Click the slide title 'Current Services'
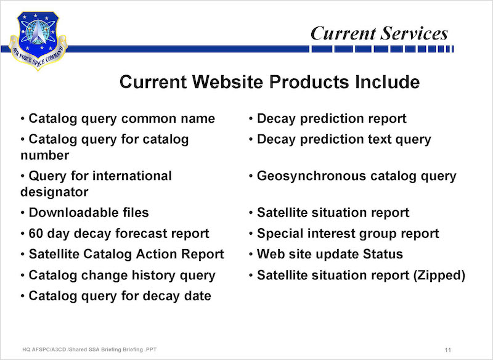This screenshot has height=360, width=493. [x=379, y=33]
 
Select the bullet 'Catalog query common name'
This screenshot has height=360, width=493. [x=121, y=118]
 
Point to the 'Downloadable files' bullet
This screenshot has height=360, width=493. [x=89, y=213]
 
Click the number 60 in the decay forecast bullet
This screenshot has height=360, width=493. [x=36, y=234]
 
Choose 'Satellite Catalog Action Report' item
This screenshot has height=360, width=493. [x=126, y=254]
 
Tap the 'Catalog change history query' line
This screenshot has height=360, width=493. [x=122, y=276]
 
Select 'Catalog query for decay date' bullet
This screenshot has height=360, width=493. [x=120, y=296]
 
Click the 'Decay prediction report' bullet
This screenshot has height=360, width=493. [x=332, y=118]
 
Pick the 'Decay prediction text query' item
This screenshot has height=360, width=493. [x=344, y=139]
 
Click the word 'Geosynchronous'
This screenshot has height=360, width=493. [x=311, y=176]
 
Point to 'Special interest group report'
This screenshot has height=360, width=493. [x=348, y=234]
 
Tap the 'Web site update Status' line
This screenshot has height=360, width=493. [x=330, y=254]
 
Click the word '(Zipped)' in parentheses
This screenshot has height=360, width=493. [x=439, y=276]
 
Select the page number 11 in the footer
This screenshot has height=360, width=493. [x=448, y=350]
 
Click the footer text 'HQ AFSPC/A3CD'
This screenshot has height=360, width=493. [x=44, y=350]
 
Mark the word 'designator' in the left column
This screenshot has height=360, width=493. [x=54, y=192]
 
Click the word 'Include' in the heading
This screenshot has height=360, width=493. [x=388, y=82]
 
